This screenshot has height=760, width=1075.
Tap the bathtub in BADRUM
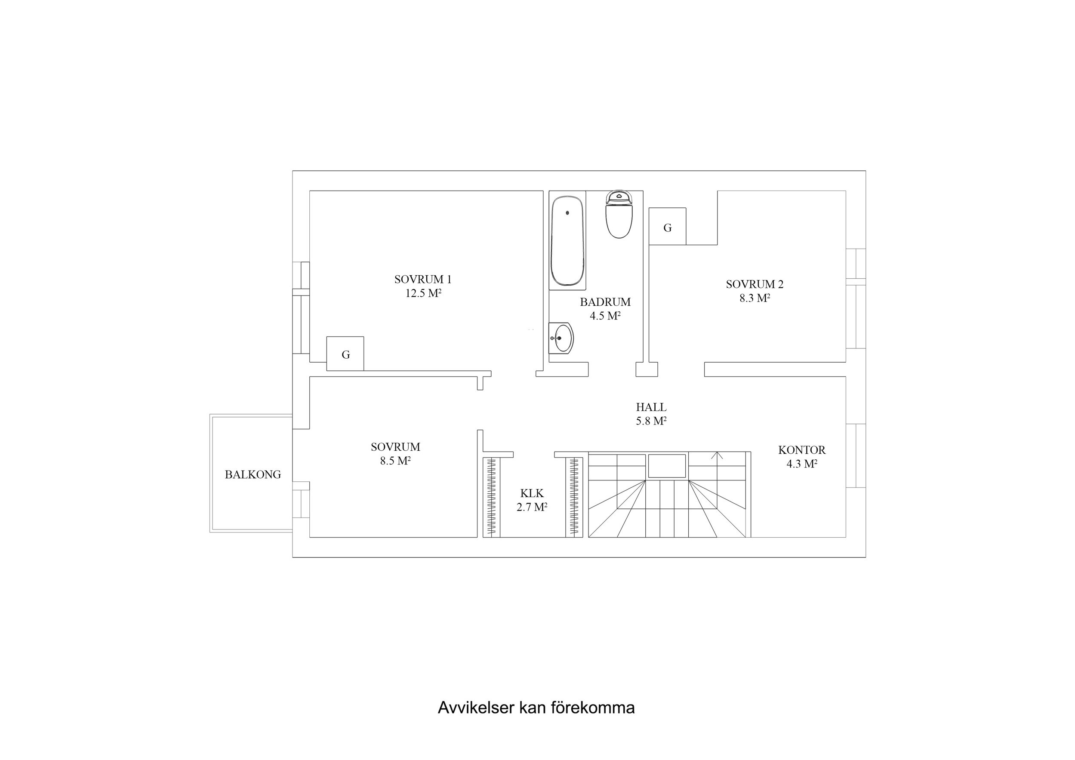click(567, 241)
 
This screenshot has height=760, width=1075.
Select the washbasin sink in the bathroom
click(561, 338)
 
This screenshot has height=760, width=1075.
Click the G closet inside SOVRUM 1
click(345, 354)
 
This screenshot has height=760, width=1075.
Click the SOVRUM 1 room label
click(423, 280)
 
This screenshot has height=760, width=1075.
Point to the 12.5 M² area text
click(423, 294)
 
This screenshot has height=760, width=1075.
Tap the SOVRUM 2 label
click(754, 284)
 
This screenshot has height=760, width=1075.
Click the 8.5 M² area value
click(395, 461)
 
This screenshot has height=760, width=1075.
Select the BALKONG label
click(253, 475)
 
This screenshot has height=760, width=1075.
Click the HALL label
click(651, 407)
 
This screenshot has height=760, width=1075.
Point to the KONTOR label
click(801, 450)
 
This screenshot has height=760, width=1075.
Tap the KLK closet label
click(532, 493)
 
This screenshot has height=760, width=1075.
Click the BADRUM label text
click(605, 302)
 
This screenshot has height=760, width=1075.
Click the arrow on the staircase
click(716, 455)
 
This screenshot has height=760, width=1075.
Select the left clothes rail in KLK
click(491, 496)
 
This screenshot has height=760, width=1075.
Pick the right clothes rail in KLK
click(574, 496)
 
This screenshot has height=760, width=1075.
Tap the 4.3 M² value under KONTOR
click(801, 464)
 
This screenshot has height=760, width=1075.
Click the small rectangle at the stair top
click(667, 466)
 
